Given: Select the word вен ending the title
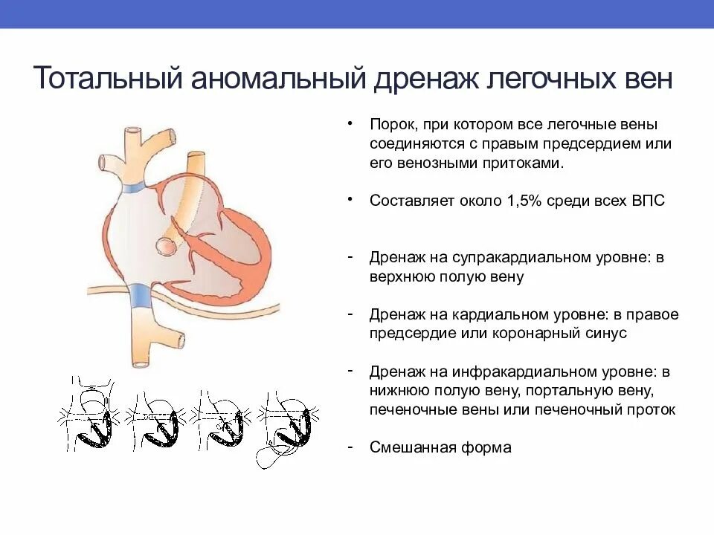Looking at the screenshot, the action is (x=644, y=78).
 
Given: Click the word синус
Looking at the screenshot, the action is (x=608, y=333).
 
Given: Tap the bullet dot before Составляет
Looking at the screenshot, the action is (x=350, y=200).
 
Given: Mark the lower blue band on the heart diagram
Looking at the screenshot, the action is (x=141, y=297).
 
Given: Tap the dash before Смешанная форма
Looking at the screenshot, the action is (x=350, y=447).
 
